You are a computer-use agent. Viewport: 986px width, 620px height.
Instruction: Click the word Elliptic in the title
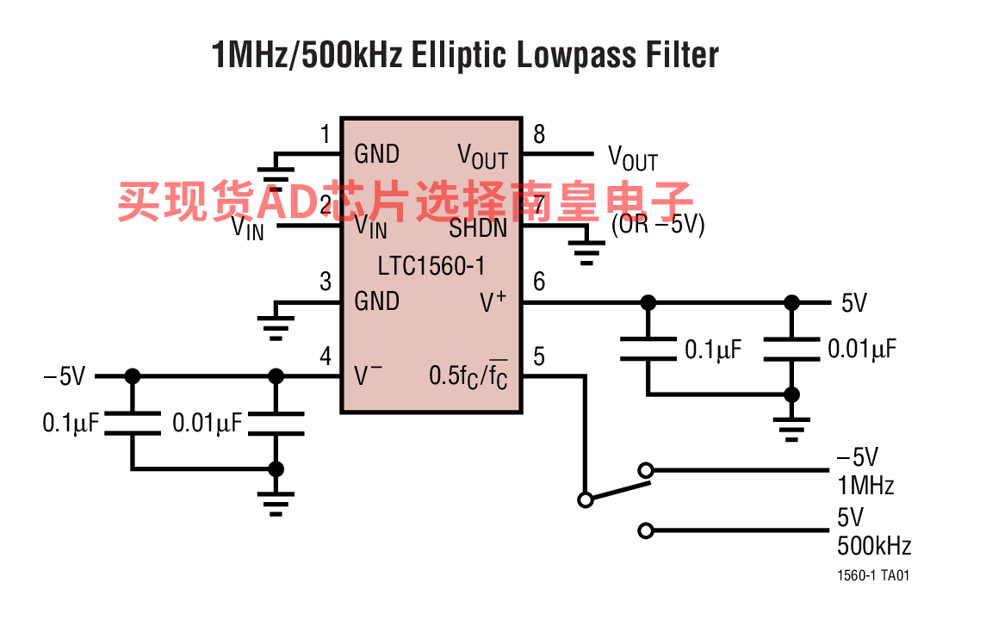457,55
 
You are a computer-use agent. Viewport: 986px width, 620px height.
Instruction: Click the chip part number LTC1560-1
431,266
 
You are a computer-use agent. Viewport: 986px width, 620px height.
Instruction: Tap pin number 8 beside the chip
539,134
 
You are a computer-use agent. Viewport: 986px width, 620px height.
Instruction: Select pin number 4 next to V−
326,356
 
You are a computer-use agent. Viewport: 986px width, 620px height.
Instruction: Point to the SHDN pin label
478,229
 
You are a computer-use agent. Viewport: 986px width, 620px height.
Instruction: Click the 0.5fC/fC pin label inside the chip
468,377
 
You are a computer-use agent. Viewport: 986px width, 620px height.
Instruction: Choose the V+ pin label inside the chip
493,301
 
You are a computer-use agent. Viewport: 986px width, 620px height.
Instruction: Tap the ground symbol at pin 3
276,319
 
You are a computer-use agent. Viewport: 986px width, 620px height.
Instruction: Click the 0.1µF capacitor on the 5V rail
648,348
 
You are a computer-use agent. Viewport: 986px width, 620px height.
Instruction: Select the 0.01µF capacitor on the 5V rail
791,348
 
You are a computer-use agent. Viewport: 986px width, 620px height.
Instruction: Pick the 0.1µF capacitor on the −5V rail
132,423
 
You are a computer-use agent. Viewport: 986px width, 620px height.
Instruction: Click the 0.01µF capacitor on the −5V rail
276,423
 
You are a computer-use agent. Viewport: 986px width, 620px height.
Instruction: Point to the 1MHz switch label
865,485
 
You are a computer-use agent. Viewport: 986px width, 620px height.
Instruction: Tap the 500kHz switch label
873,545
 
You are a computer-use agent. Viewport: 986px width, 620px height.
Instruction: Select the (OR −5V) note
658,225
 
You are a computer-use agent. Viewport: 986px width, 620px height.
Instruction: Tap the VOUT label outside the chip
632,158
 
